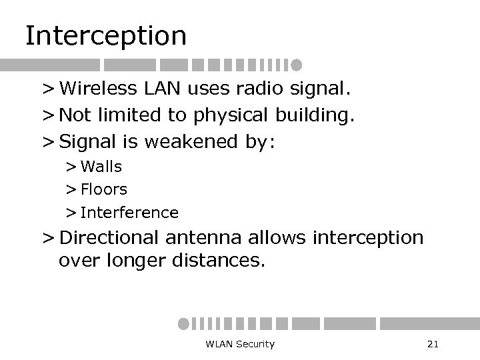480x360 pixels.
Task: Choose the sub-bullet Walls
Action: tap(101, 166)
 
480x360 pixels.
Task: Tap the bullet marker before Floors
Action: tap(71, 190)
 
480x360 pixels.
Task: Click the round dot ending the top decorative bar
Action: tap(297, 65)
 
